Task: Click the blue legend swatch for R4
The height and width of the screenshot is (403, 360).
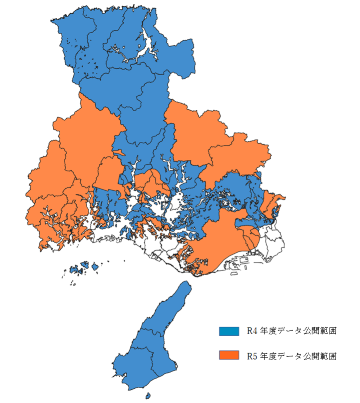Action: (228, 330)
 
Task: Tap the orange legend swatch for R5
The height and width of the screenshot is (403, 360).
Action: (228, 355)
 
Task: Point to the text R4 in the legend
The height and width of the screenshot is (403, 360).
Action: (252, 330)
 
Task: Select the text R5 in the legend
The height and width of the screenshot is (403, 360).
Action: (252, 355)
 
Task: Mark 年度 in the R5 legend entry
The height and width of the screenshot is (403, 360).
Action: (270, 355)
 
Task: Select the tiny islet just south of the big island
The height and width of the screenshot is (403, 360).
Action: (149, 396)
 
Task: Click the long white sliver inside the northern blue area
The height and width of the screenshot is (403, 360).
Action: (149, 45)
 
